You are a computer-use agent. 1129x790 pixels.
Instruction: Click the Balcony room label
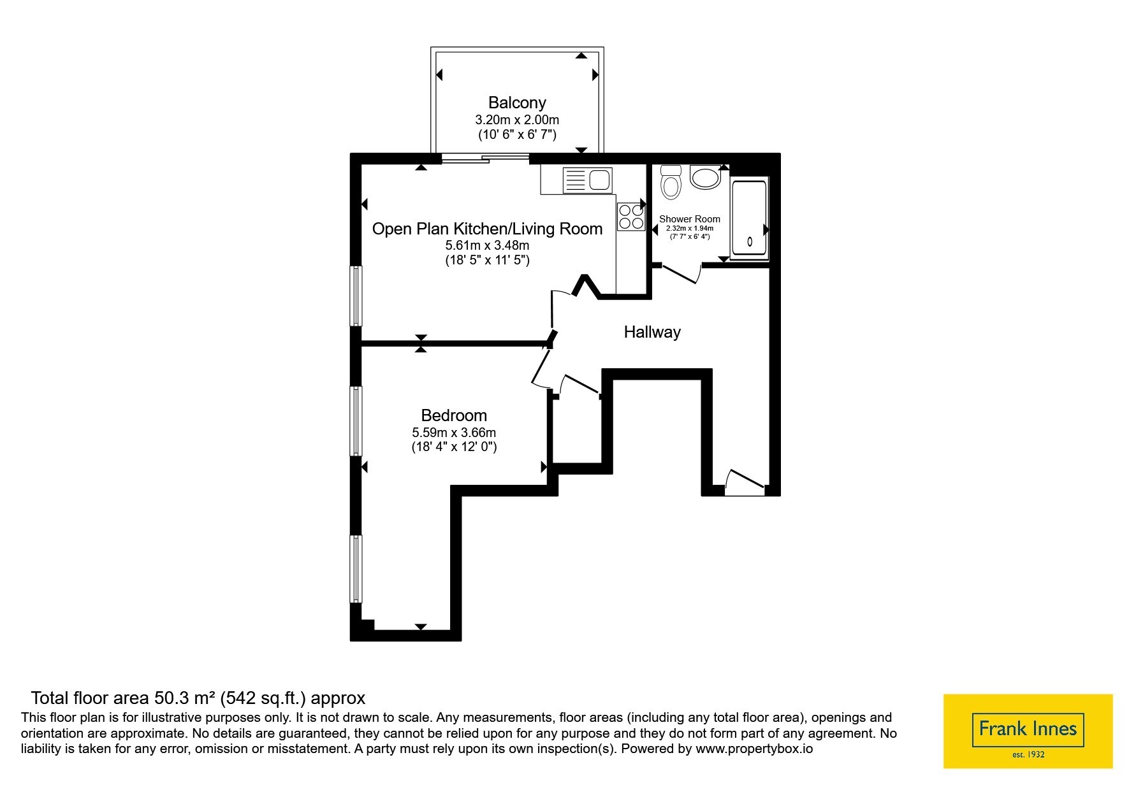point(517,103)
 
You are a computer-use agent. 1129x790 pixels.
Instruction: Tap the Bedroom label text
point(454,415)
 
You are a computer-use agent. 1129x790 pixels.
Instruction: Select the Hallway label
point(652,332)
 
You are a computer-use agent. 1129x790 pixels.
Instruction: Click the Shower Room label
point(690,219)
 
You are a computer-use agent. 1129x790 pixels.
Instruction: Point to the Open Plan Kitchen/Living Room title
point(487,229)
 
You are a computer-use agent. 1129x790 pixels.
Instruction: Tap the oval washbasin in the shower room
point(705,177)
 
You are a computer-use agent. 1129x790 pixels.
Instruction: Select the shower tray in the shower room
point(749,219)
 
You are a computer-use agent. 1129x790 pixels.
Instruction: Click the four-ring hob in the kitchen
point(630,216)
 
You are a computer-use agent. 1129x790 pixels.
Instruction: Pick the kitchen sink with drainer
point(587,180)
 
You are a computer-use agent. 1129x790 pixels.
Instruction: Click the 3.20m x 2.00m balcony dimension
point(517,119)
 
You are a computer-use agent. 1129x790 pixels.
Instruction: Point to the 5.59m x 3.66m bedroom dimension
point(454,433)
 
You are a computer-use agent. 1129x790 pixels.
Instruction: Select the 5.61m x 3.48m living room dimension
point(487,245)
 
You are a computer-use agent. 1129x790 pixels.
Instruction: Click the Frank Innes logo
point(1028,731)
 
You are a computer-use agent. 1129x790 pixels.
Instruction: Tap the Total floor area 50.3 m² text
point(198,698)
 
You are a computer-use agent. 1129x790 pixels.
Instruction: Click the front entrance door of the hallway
point(745,483)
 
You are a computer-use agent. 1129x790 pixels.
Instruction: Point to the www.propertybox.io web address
point(754,749)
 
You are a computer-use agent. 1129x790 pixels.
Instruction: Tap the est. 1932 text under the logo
point(1028,755)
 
